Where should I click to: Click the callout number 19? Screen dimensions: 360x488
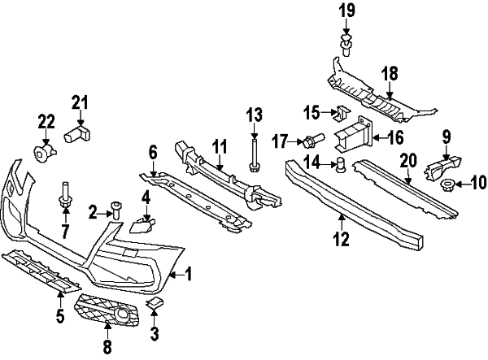[x=347, y=11]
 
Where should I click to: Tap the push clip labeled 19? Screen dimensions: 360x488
[x=347, y=42]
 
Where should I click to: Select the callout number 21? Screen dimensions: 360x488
[x=79, y=102]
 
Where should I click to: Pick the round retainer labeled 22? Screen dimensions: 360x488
[x=41, y=152]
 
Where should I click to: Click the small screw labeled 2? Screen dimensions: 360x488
[x=116, y=211]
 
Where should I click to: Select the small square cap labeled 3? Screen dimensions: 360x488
[x=154, y=303]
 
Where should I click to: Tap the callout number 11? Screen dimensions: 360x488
[x=219, y=145]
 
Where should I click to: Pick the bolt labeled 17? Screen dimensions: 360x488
[x=313, y=140]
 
